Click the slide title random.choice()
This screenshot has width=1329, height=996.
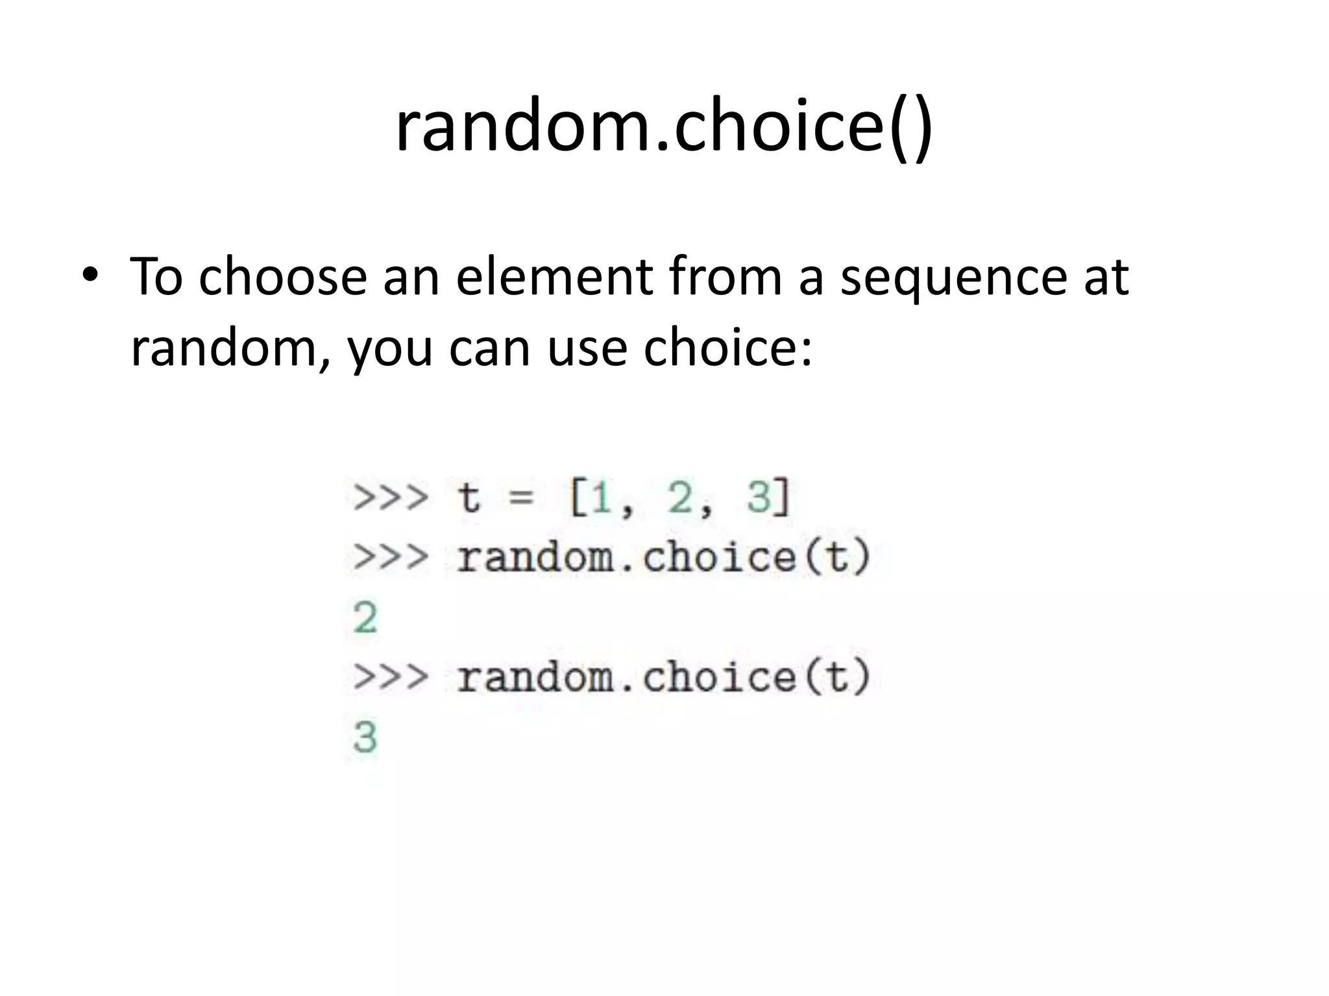click(x=664, y=126)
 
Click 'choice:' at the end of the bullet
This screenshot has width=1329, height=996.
click(x=727, y=347)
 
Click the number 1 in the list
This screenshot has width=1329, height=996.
click(x=602, y=498)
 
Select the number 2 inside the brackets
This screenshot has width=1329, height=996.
click(x=679, y=498)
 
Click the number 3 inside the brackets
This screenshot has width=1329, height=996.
click(x=759, y=498)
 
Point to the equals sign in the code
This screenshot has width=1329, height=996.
click(x=521, y=498)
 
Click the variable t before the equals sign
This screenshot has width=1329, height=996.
click(x=469, y=498)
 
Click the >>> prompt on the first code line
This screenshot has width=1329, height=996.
click(x=391, y=498)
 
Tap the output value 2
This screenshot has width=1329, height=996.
click(x=365, y=617)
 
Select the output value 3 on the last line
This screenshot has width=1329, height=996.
click(x=365, y=737)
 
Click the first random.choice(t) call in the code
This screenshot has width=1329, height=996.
click(x=663, y=558)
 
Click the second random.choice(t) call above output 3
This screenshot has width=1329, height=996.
click(x=663, y=678)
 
